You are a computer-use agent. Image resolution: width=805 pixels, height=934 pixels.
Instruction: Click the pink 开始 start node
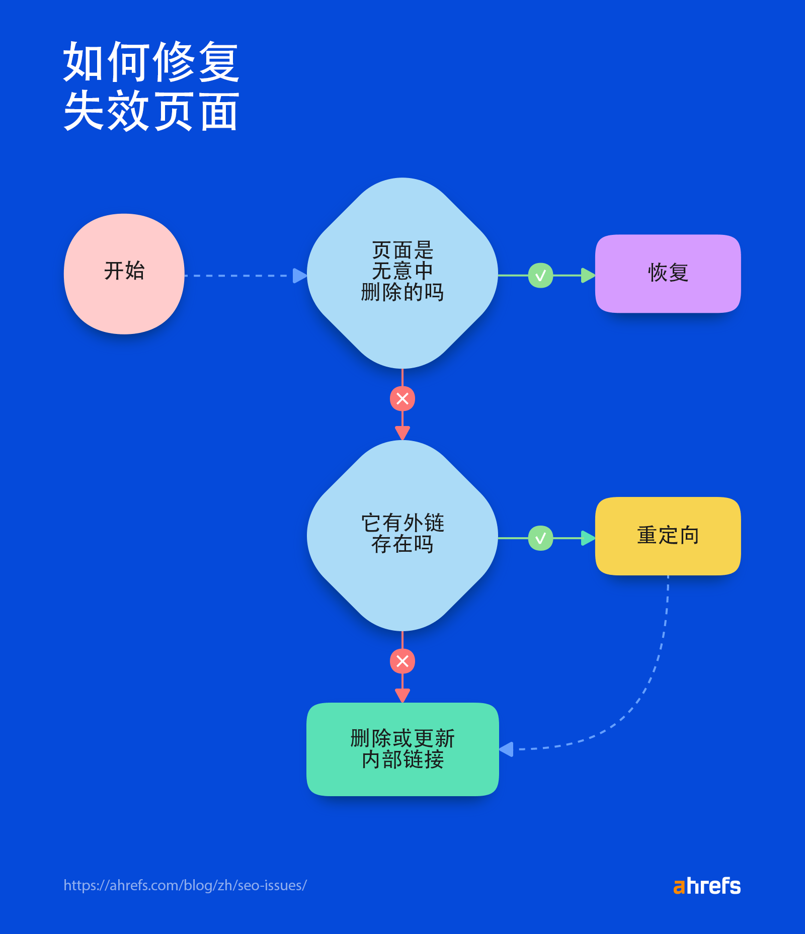coord(124,274)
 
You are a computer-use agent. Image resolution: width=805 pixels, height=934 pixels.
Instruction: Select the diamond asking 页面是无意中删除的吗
coord(402,273)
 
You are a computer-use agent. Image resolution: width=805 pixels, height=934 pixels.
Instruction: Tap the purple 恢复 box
coord(668,274)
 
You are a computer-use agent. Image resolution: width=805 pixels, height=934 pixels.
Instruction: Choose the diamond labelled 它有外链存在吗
coord(402,535)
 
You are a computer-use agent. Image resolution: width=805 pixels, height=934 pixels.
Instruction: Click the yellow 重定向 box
coord(668,536)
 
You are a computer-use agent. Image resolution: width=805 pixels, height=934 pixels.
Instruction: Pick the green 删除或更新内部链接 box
coord(403,749)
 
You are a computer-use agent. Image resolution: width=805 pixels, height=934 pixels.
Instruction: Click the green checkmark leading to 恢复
coord(540,276)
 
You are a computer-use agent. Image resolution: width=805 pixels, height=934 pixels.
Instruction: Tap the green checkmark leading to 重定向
coord(540,538)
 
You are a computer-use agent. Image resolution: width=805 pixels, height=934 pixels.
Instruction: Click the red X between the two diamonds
coord(403,399)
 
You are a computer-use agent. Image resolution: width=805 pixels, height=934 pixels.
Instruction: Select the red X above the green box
coord(403,661)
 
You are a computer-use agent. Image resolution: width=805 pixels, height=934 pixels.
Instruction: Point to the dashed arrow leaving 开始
coord(239,276)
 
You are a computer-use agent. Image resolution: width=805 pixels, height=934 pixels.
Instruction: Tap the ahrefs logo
coord(707,886)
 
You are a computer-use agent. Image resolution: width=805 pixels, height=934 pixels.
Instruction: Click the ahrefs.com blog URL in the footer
coord(185,885)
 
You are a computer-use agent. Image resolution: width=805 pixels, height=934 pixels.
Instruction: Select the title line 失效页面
coord(151,111)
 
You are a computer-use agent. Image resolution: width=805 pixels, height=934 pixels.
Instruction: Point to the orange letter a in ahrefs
coord(679,887)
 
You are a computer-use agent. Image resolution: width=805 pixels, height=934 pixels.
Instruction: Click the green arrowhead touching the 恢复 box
coord(588,276)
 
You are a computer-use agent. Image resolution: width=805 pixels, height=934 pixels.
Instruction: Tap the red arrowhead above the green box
coord(403,695)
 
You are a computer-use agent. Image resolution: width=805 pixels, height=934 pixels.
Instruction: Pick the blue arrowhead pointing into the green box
coord(507,749)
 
